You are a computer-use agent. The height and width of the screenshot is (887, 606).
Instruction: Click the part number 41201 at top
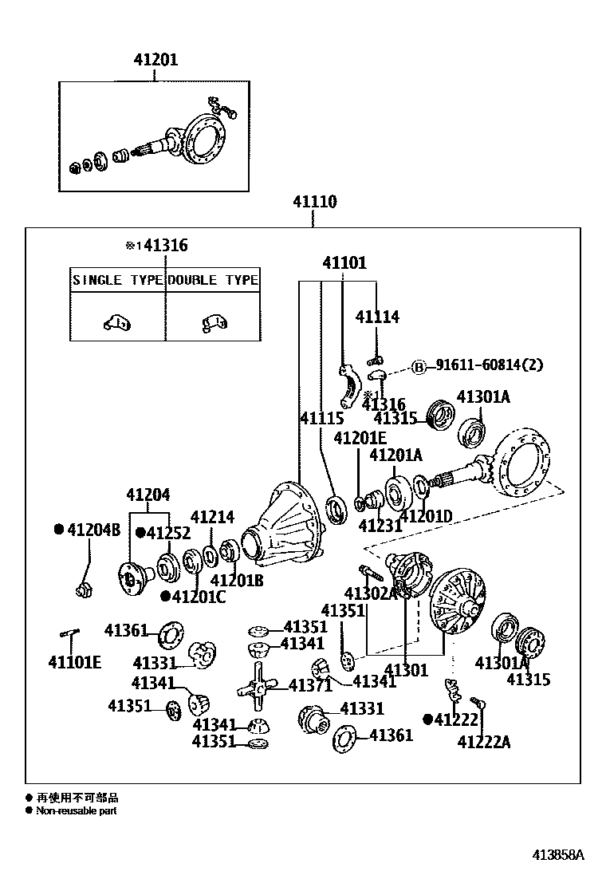[x=155, y=60]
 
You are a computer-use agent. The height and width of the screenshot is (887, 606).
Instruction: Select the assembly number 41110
[x=313, y=203]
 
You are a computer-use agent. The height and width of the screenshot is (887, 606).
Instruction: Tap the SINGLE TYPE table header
[x=118, y=280]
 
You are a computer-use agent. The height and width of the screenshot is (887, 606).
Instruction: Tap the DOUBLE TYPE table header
[x=213, y=280]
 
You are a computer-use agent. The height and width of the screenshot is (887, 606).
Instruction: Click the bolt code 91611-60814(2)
[x=489, y=365]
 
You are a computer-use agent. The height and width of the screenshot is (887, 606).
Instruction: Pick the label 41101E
[x=74, y=661]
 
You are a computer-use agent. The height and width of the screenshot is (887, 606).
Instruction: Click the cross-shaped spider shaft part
[x=256, y=685]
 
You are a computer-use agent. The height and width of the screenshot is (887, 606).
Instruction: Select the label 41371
[x=310, y=685]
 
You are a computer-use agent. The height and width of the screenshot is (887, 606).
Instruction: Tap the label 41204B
[x=92, y=530]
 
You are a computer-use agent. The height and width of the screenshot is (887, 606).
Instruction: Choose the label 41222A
[x=484, y=743]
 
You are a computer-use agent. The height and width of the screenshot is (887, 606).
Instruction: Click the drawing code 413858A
[x=559, y=855]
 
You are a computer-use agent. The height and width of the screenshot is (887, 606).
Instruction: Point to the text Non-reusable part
[x=76, y=810]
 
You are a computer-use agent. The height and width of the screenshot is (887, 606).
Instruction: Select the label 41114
[x=377, y=317]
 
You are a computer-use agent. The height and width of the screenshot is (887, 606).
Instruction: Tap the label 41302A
[x=371, y=593]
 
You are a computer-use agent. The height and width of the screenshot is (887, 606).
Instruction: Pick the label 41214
[x=212, y=517]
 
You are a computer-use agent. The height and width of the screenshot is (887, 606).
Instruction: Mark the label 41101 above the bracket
[x=344, y=262]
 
